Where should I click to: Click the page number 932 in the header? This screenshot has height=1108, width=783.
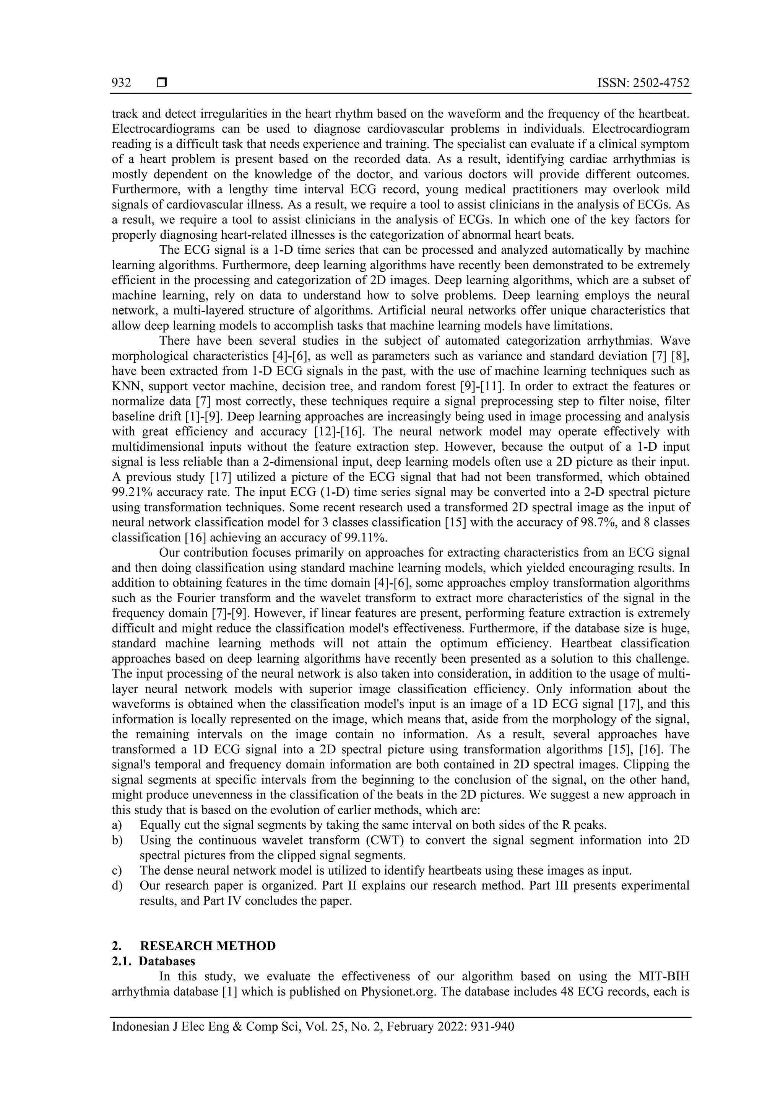point(121,83)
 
